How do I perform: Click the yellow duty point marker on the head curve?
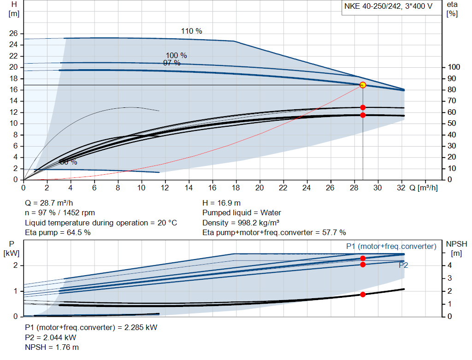point(363,85)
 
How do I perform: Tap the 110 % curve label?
point(191,31)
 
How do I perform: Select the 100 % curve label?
point(176,55)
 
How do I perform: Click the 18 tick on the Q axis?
point(236,188)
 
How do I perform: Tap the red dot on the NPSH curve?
point(363,295)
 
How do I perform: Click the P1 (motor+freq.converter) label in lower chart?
point(391,247)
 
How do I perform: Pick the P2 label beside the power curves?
point(403,265)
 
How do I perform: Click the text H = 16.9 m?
point(222,203)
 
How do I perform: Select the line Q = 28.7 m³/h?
point(49,203)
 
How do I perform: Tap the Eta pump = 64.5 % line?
point(58,232)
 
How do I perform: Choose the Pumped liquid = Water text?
point(242,213)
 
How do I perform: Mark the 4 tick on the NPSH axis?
point(449,266)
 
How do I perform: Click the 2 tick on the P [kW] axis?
point(16,266)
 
